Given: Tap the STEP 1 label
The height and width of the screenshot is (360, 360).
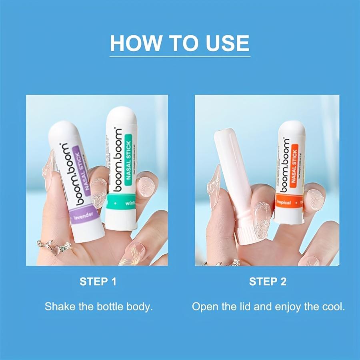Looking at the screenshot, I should (98, 282).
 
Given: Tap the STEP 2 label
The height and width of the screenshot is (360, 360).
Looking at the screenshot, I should (268, 282).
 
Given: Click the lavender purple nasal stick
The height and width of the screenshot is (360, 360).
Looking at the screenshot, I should (76, 180).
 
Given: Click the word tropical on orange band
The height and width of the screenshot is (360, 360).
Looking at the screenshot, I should (284, 202).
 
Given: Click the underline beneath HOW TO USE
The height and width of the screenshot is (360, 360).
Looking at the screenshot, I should (180, 56).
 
